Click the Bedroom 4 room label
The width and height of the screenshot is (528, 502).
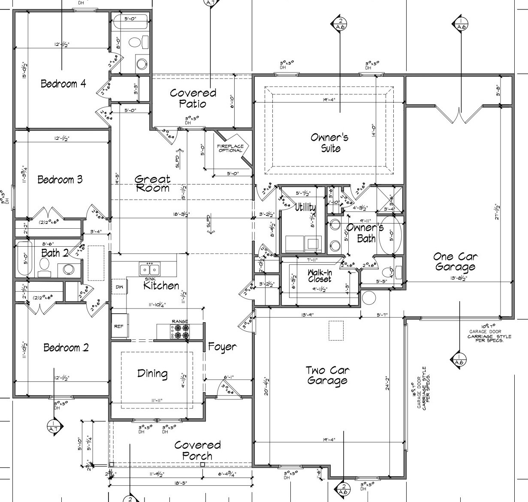tap(63, 84)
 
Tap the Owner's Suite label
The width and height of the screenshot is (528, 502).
tap(330, 143)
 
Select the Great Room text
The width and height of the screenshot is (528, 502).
tap(152, 183)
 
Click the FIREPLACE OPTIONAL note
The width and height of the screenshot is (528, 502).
tap(230, 148)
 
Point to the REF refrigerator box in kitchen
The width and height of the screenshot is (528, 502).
tap(119, 327)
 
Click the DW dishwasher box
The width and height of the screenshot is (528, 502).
tap(120, 287)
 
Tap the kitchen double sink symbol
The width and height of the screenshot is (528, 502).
tap(150, 270)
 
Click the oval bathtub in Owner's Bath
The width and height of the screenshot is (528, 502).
tap(390, 236)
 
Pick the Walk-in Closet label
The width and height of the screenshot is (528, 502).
tap(320, 276)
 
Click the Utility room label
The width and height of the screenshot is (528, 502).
tap(305, 208)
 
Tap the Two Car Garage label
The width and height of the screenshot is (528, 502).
tap(327, 375)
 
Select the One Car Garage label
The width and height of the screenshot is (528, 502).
tap(455, 262)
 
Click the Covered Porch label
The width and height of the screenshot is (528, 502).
tap(197, 451)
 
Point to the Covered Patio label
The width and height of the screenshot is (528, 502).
tap(193, 98)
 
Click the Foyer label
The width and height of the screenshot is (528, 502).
tap(222, 346)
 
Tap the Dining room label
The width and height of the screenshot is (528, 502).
tap(152, 373)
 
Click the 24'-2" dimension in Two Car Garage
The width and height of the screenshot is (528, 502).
tap(387, 387)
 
